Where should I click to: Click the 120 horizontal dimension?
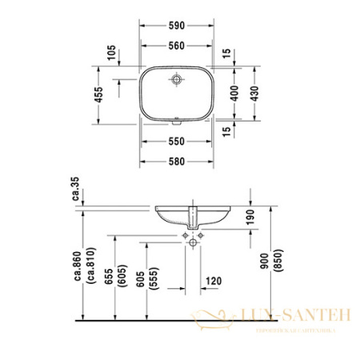(213, 281)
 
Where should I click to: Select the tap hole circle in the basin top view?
(176, 79)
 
